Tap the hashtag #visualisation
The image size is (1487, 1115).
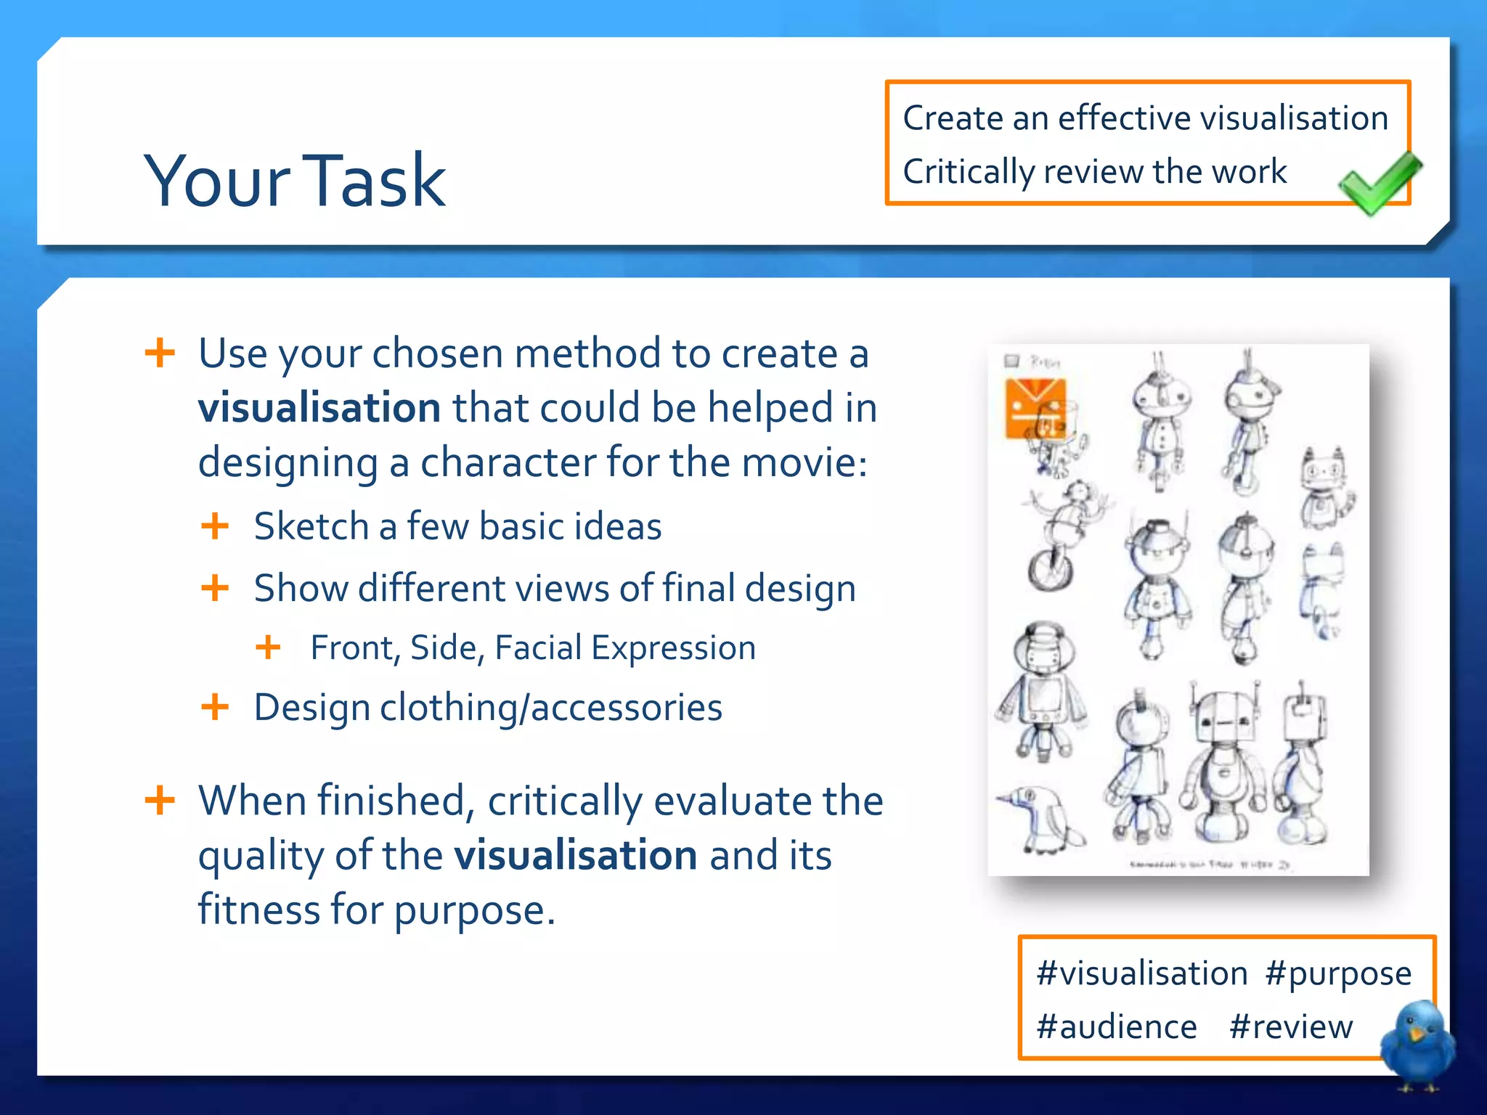point(1141,974)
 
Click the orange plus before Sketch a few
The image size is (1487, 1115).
point(215,526)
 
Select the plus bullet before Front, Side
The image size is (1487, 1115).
point(268,648)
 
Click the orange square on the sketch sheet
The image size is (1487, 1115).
point(1034,408)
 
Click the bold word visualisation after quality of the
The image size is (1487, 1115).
point(575,856)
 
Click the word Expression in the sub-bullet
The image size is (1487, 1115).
point(672,648)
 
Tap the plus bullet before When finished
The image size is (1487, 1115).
point(160,801)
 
